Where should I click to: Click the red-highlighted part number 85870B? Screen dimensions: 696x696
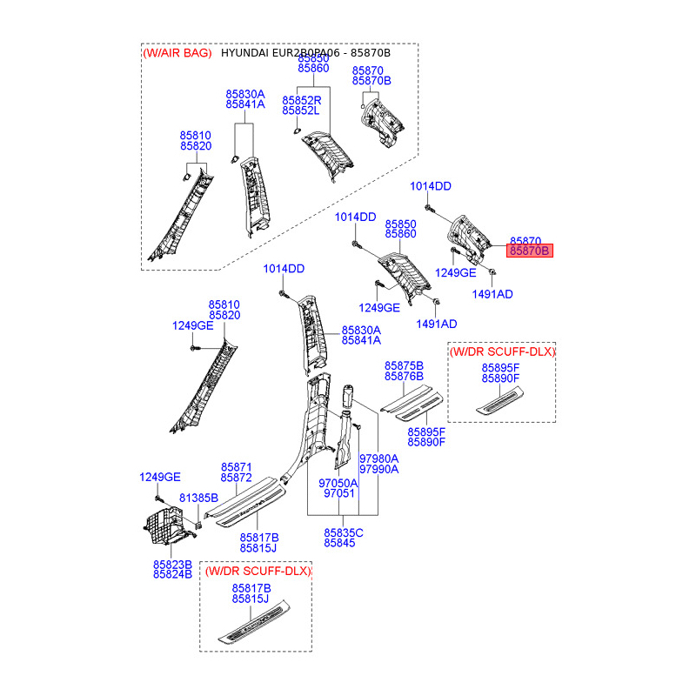530,251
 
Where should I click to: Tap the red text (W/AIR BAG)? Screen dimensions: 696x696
177,54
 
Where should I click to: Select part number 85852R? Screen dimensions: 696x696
301,101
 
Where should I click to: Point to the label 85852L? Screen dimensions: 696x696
301,111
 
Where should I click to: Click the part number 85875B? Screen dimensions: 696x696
404,365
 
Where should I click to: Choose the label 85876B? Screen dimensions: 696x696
404,376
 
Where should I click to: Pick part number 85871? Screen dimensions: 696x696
236,467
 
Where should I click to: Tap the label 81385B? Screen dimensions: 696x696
198,497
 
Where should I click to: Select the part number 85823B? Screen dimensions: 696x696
172,564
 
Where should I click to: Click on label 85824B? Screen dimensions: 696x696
172,574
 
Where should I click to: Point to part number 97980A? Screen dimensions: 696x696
379,458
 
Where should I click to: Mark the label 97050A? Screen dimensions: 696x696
338,483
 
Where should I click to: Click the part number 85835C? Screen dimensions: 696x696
344,532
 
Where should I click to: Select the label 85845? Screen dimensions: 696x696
340,542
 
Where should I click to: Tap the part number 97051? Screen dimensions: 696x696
338,493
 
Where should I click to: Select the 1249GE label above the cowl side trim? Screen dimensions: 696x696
160,477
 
